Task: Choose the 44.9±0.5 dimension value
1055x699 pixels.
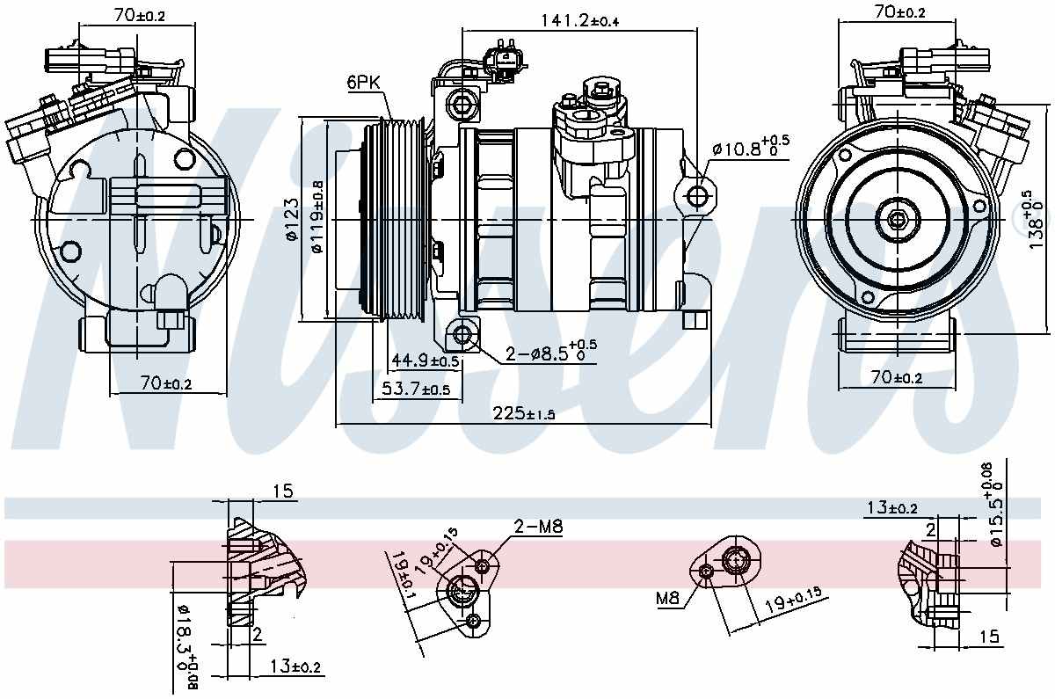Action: coord(426,360)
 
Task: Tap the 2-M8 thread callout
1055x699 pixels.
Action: coord(537,528)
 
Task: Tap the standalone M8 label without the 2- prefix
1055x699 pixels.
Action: coord(668,599)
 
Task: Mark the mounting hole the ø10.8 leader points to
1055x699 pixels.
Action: coord(699,194)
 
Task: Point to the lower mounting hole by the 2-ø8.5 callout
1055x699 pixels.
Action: coord(462,335)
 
